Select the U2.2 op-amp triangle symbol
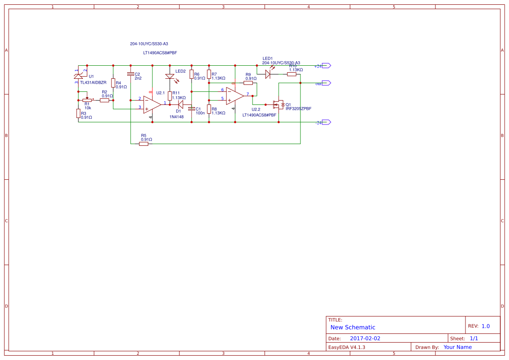pyautogui.click(x=234, y=96)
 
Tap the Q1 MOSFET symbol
pyautogui.click(x=277, y=104)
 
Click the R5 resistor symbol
pyautogui.click(x=144, y=144)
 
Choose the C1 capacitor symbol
pyautogui.click(x=192, y=109)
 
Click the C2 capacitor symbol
pyautogui.click(x=131, y=74)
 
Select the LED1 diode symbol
pyautogui.click(x=268, y=74)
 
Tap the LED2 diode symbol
pyautogui.click(x=170, y=77)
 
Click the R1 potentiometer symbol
pyautogui.click(x=87, y=100)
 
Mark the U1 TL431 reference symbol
pyautogui.click(x=79, y=77)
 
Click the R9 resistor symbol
pyautogui.click(x=248, y=83)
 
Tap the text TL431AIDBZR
pyautogui.click(x=93, y=82)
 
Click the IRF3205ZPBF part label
pyautogui.click(x=298, y=109)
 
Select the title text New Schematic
pyautogui.click(x=353, y=327)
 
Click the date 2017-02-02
pyautogui.click(x=365, y=338)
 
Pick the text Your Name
pyautogui.click(x=457, y=347)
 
